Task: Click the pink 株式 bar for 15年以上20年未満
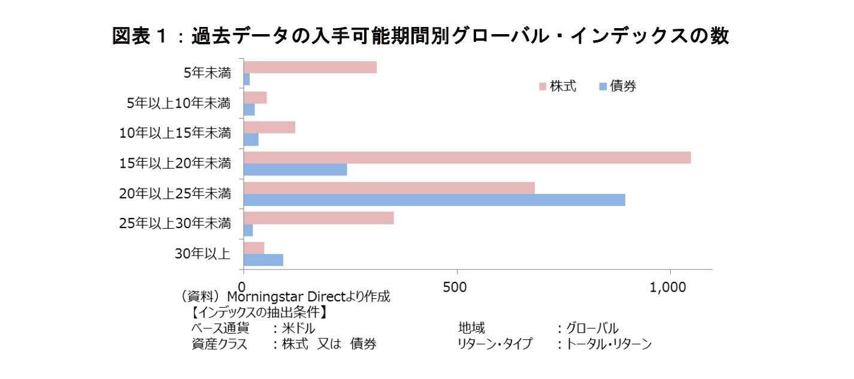tap(467, 157)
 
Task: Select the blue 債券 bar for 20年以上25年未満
tap(434, 200)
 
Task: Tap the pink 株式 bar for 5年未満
tap(310, 67)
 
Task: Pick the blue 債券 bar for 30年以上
tap(264, 260)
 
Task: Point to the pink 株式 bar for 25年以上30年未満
tap(319, 217)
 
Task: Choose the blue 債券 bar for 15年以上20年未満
tap(295, 169)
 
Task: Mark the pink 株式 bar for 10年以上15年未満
tap(269, 128)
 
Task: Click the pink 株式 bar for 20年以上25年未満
tap(389, 188)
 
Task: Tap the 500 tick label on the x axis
tap(457, 287)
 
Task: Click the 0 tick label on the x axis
tap(243, 287)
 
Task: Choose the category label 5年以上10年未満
tap(178, 103)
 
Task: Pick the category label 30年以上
tap(202, 254)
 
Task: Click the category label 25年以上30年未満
tap(175, 223)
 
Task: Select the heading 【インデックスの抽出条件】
tap(259, 313)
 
